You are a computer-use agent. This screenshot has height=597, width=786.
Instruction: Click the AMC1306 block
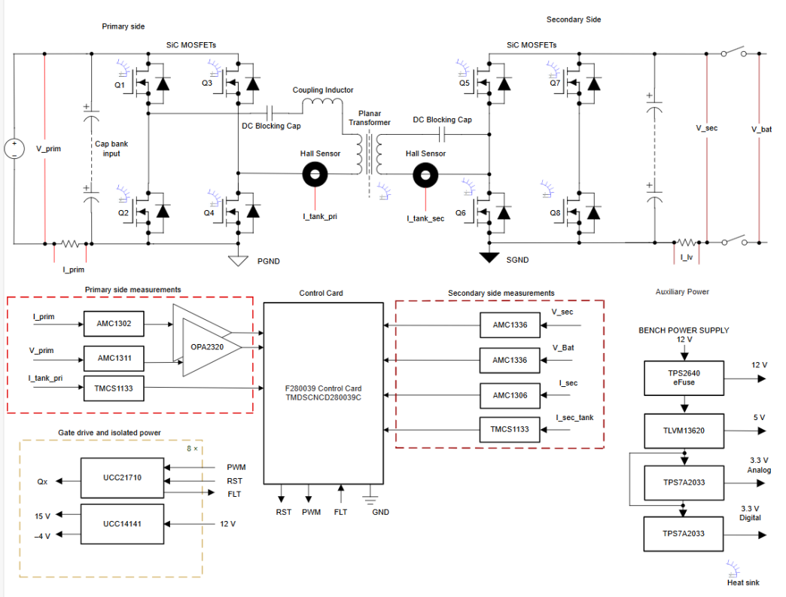(510, 395)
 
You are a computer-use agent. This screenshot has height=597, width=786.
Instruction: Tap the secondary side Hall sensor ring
(425, 175)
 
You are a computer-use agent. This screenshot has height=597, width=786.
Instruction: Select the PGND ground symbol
(238, 260)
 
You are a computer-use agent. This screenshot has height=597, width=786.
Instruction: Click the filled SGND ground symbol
(490, 257)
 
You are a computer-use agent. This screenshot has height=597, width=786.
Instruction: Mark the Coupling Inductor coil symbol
(322, 104)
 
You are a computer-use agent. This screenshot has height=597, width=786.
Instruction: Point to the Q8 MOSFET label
(555, 213)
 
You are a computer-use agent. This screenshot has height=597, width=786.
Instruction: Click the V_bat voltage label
(762, 129)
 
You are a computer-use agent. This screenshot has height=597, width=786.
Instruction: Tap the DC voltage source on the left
(14, 148)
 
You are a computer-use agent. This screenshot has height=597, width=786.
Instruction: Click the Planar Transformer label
(369, 117)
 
